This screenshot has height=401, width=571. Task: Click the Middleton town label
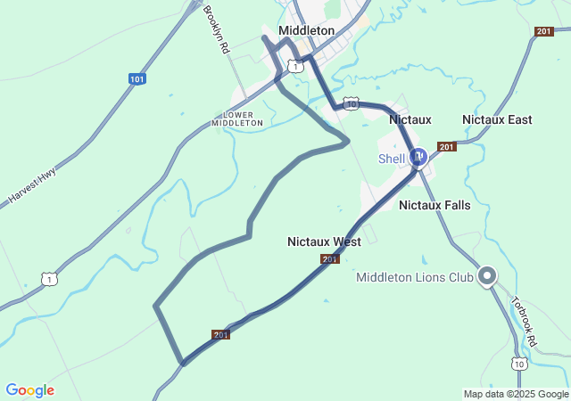click(x=306, y=30)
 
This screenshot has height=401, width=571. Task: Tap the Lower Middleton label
click(x=238, y=119)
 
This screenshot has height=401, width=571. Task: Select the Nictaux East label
click(x=497, y=119)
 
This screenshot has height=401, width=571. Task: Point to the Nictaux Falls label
click(x=434, y=205)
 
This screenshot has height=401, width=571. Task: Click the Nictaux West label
click(x=324, y=241)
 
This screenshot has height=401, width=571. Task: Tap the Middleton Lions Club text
click(x=414, y=277)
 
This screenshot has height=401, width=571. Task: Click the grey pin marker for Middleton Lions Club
click(x=487, y=275)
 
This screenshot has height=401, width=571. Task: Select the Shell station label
click(x=392, y=159)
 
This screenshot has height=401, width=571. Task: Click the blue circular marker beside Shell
click(x=418, y=157)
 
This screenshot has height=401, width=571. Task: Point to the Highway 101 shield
click(x=137, y=79)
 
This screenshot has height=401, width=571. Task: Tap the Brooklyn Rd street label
click(x=217, y=30)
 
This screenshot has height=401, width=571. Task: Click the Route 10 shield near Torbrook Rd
click(x=519, y=364)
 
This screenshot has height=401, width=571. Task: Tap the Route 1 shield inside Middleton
click(x=294, y=66)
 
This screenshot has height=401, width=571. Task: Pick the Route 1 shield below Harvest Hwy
click(x=50, y=279)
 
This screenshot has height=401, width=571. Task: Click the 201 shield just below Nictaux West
click(x=330, y=258)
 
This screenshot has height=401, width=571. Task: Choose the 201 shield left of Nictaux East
click(x=447, y=146)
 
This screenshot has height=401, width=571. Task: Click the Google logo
click(x=29, y=390)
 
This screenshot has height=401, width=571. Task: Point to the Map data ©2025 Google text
click(x=516, y=394)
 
